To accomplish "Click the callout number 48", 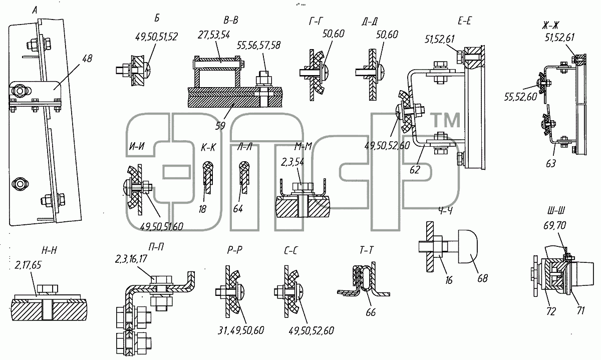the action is tap(87, 59).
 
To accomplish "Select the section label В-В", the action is tap(231, 21).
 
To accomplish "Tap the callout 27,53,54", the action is tap(214, 35).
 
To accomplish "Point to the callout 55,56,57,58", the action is tap(258, 46).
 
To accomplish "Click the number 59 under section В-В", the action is tap(220, 126).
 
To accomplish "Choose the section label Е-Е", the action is tap(465, 21).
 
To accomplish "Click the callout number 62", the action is tap(415, 170).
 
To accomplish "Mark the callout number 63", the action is tap(551, 163).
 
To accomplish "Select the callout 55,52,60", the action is tap(520, 97).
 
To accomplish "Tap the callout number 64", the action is tap(238, 209).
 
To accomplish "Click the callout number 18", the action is tap(202, 209).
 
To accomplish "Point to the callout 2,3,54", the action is tap(292, 162).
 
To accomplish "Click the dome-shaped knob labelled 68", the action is tap(468, 246).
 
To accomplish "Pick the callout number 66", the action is tap(371, 312).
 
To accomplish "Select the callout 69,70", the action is tap(554, 226).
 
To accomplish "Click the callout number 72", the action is tap(551, 311).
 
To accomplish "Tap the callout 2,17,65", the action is tap(28, 265).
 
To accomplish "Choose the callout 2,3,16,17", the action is tap(131, 259).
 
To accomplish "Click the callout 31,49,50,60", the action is tap(241, 331).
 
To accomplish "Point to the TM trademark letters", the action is tap(445, 120).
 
